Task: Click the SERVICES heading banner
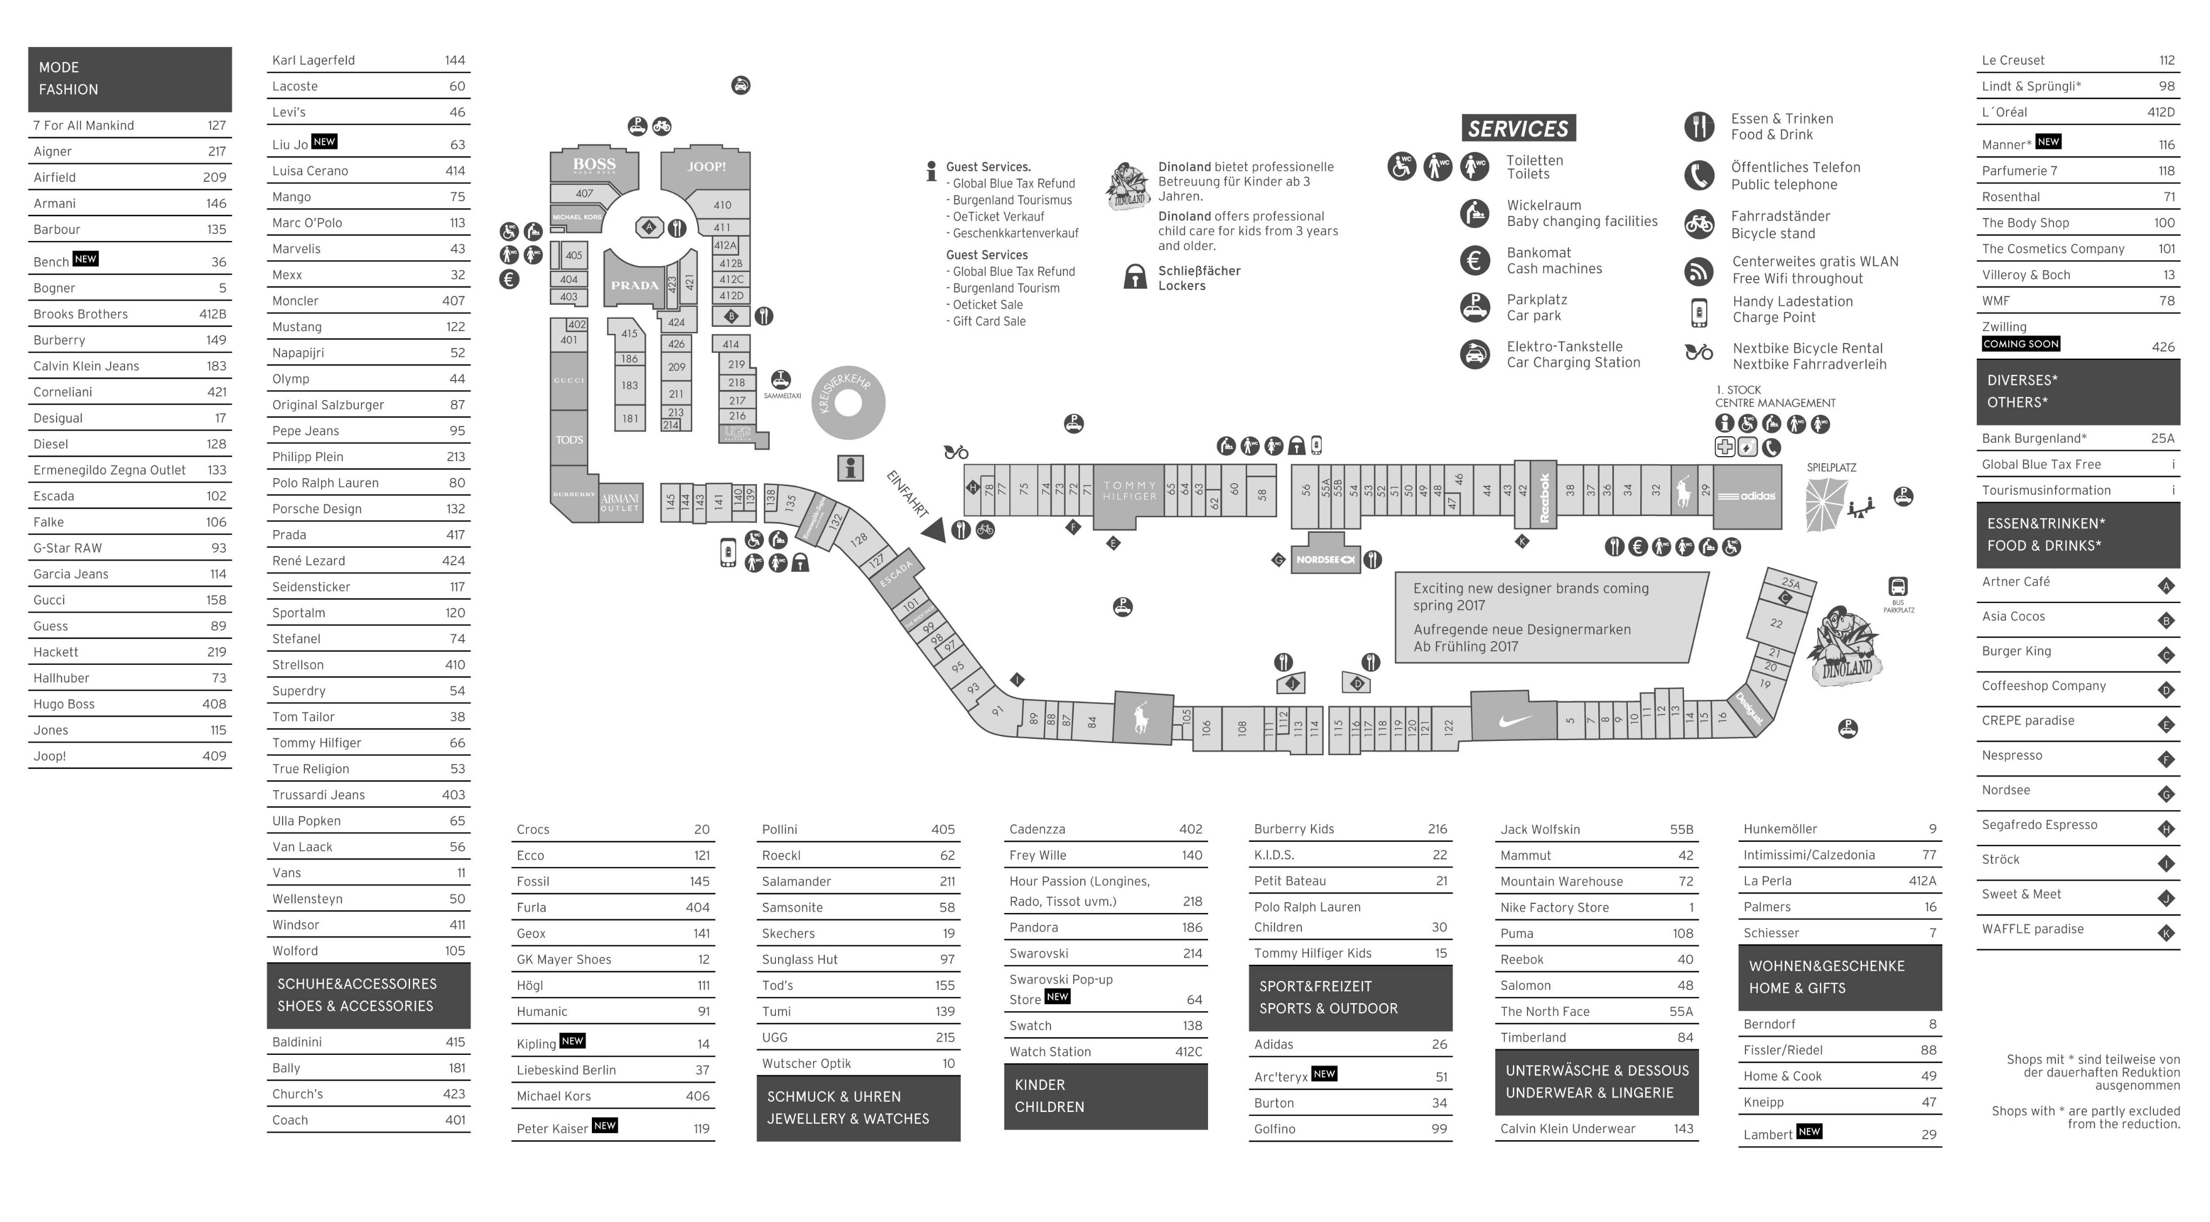click(1518, 129)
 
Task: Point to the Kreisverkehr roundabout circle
click(848, 403)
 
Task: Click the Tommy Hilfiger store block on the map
click(1129, 491)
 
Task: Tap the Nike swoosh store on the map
click(1513, 719)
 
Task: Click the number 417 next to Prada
click(455, 535)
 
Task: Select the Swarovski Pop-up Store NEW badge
click(1057, 997)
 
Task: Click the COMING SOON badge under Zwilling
click(2021, 344)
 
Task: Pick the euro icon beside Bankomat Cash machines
click(1475, 260)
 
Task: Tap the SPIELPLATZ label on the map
click(1831, 468)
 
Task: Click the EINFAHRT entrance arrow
click(935, 530)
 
